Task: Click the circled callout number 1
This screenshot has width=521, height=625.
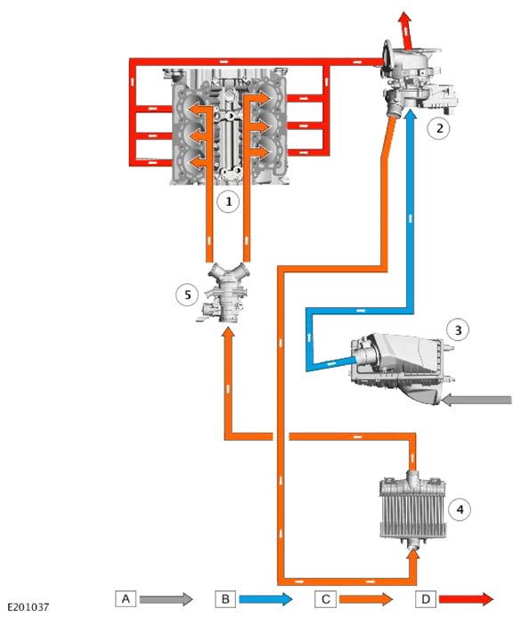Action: coord(228,202)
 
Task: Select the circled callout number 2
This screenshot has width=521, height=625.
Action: coord(439,128)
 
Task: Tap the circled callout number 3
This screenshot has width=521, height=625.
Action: coord(458,329)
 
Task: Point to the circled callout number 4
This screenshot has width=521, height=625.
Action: coord(460,509)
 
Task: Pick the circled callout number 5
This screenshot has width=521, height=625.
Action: coord(187,295)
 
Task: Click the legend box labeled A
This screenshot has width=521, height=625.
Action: coord(126,598)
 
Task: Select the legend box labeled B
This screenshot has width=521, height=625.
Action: coord(225,598)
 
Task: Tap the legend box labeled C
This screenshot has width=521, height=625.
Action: coord(325,598)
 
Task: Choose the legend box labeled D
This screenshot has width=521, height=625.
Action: coord(426,598)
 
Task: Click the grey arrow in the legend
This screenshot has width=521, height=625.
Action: coord(167,598)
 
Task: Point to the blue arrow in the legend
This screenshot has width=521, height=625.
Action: coord(266,598)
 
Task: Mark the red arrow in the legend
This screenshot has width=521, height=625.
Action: coord(466,598)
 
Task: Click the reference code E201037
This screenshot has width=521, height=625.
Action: coord(28,607)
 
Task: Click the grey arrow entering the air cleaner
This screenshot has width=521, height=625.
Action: coord(477,400)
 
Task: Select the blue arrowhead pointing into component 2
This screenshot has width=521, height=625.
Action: coord(410,114)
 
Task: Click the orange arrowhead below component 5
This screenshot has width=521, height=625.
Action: coord(228,333)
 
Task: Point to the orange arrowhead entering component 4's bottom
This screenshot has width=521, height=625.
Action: coord(413,556)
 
